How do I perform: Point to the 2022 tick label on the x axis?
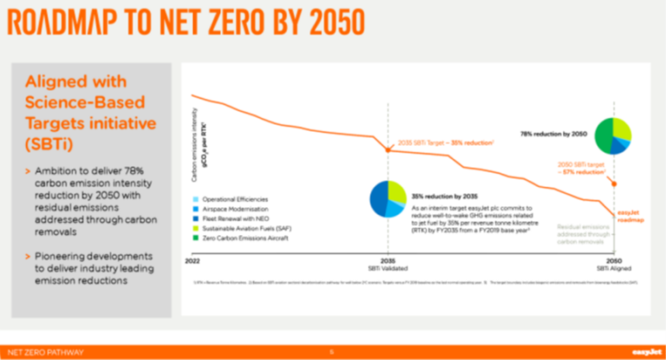point(193,260)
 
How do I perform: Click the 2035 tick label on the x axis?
point(388,260)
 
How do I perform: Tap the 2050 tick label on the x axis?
point(614,260)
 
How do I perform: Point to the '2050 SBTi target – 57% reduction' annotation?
point(579,167)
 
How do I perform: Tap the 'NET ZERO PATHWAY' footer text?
point(42,352)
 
